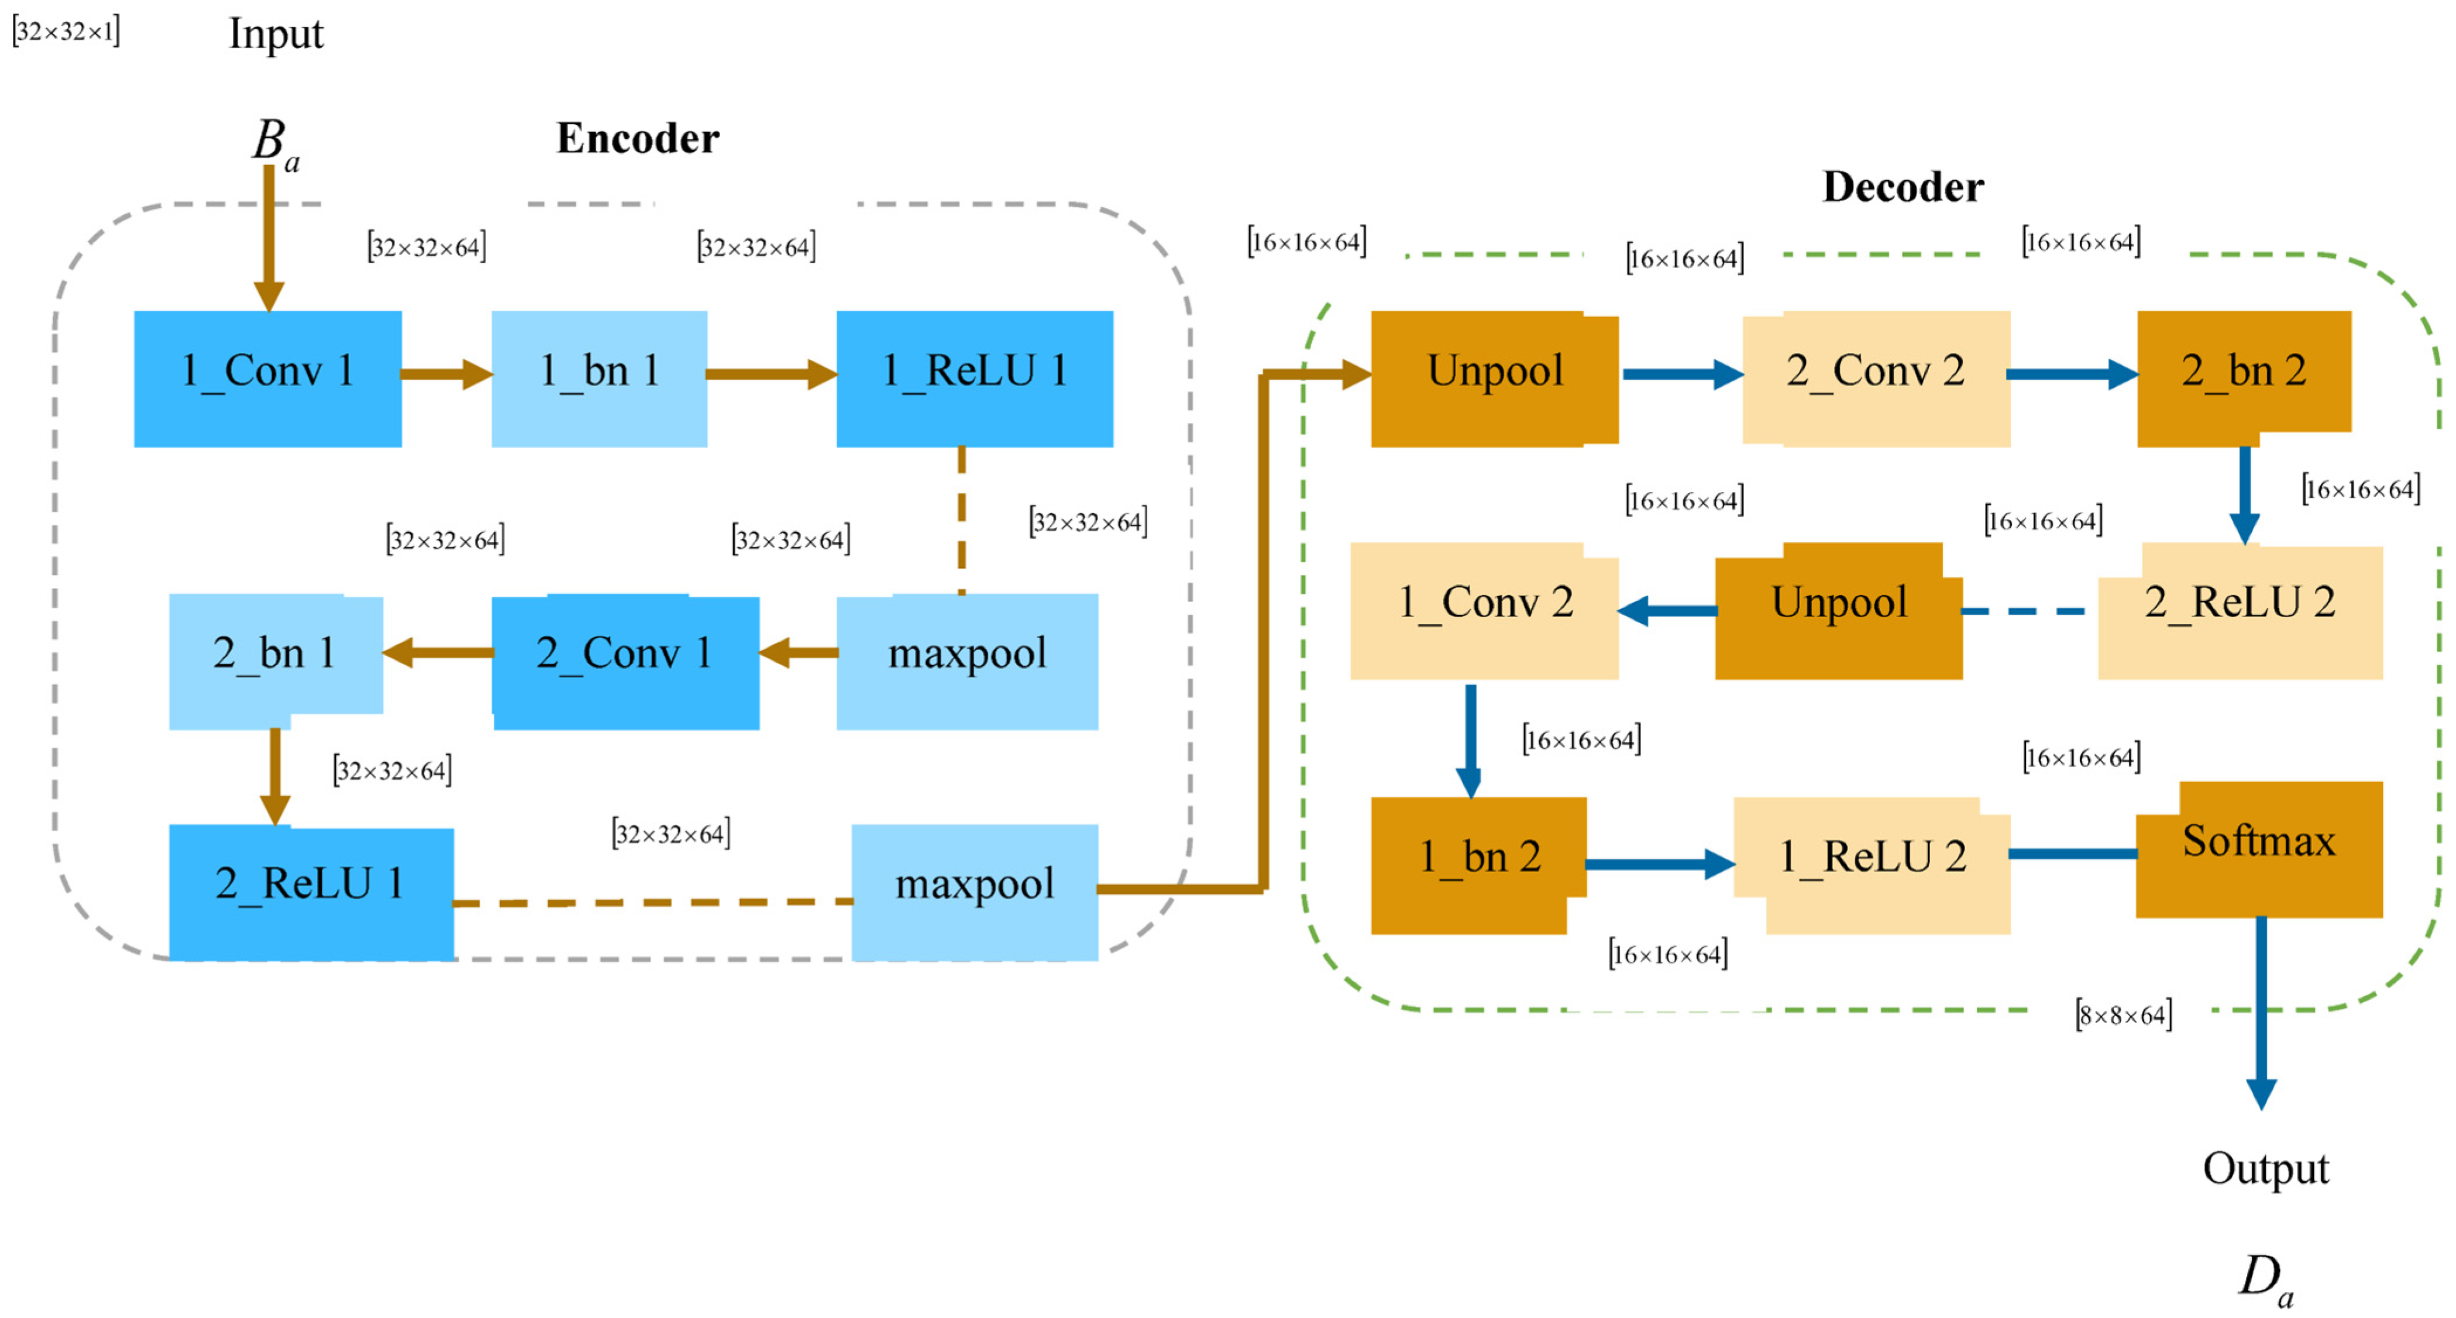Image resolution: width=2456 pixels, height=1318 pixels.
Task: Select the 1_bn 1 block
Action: (598, 378)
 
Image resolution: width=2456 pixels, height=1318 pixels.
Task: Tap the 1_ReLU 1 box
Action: (975, 378)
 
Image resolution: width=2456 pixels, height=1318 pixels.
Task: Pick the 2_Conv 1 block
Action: (625, 661)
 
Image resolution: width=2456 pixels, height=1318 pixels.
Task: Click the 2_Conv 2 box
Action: (1876, 378)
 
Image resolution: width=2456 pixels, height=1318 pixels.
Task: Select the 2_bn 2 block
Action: (2244, 378)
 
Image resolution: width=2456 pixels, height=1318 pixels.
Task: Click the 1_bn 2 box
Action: (1478, 864)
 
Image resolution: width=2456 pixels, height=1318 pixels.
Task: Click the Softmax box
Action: (2259, 849)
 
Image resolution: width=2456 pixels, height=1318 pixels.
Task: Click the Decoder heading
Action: (1903, 187)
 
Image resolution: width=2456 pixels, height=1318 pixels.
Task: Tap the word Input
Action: (276, 35)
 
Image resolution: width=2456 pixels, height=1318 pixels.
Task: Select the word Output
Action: (2265, 1169)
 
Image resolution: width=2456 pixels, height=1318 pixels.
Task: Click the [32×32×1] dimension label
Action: (66, 32)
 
